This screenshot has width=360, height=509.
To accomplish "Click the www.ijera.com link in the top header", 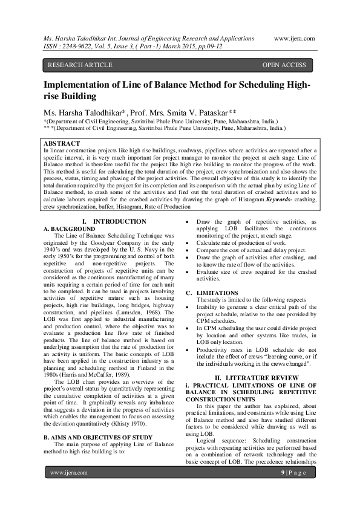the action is [x=294, y=37].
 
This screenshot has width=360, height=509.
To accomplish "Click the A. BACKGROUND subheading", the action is [x=70, y=229].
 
